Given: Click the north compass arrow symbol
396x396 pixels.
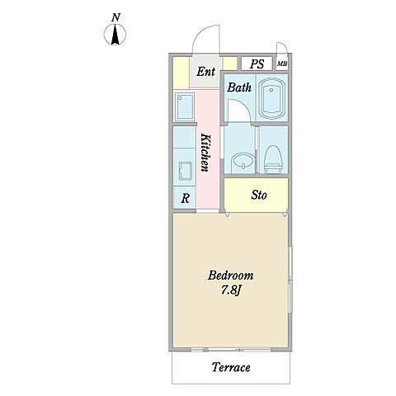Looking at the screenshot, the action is [115, 35].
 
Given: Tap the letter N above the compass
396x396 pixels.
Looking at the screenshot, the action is [116, 17].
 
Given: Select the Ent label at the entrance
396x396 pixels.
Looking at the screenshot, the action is [205, 72].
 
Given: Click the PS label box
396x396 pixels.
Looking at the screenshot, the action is [257, 64].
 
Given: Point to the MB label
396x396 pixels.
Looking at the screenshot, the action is [282, 64].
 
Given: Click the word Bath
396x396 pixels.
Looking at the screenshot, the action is [239, 87].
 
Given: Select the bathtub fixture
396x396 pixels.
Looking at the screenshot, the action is [272, 98].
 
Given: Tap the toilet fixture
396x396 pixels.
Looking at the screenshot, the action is [273, 159].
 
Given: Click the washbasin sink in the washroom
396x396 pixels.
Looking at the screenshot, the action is [243, 163].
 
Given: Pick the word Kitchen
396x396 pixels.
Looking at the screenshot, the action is [205, 152].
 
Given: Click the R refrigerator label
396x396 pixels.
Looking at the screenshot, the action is [185, 198].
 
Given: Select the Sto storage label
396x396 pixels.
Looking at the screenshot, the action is [259, 195].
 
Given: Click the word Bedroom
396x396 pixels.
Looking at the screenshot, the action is [230, 276].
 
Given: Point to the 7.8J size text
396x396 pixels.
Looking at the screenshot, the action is [231, 290].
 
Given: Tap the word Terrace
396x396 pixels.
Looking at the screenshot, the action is [231, 367].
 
